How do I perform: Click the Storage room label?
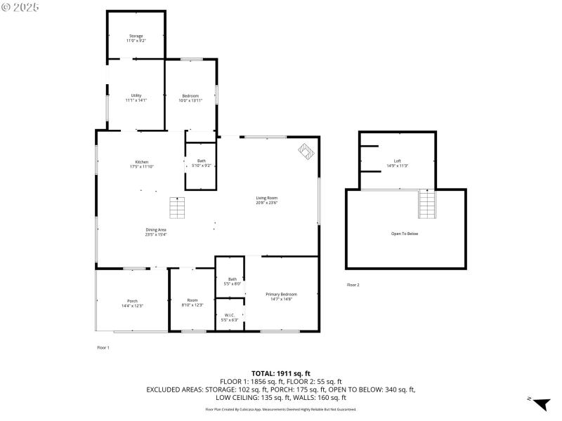[x=136, y=36]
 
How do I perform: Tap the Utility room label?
[x=136, y=95]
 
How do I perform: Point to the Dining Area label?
[x=155, y=229]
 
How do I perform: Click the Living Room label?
[x=267, y=198]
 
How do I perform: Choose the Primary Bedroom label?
[x=281, y=294]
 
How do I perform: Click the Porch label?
[x=132, y=301]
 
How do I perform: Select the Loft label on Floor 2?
[x=397, y=161]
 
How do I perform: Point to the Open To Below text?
[x=405, y=234]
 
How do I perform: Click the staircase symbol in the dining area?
[x=177, y=208]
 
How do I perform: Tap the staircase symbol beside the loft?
[x=427, y=205]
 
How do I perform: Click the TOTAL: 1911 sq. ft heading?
[x=280, y=373]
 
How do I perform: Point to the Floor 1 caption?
[x=103, y=347]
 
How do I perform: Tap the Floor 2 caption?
[x=353, y=285]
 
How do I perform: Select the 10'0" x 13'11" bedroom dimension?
[x=190, y=101]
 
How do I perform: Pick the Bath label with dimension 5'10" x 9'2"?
[x=202, y=161]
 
